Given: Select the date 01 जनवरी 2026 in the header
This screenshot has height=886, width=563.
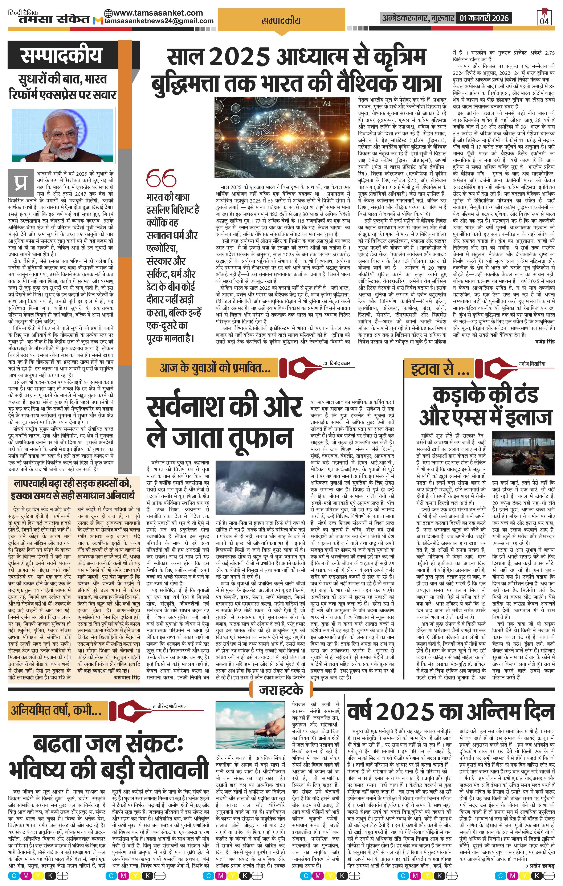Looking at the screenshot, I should (x=483, y=18).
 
